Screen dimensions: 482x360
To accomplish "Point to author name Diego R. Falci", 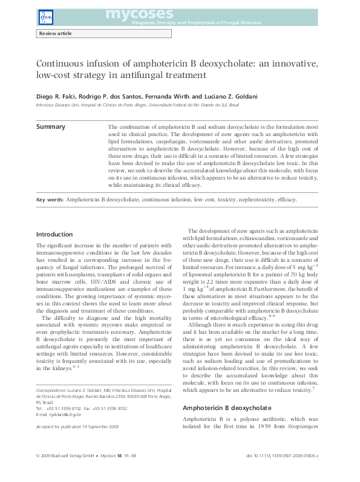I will click(57, 96).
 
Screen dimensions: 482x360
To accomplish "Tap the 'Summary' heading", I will click(51, 127).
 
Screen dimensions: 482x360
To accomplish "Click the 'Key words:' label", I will click(50, 199).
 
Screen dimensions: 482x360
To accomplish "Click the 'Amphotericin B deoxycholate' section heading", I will click(227, 391).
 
